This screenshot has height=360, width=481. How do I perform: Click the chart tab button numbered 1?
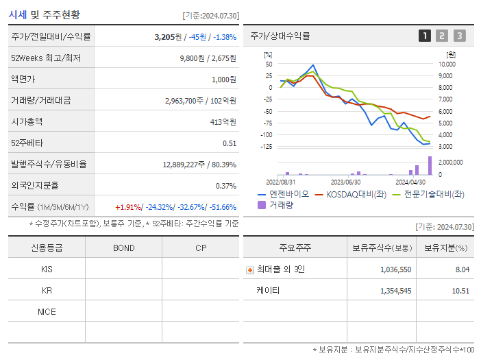click(x=425, y=36)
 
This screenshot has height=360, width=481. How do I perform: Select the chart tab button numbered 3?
click(x=459, y=36)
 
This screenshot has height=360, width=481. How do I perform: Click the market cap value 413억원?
click(x=224, y=121)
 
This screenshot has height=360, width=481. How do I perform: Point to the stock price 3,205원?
click(x=169, y=36)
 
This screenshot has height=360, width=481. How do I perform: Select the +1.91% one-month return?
click(x=129, y=206)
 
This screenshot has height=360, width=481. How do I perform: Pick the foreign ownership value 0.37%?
click(x=225, y=185)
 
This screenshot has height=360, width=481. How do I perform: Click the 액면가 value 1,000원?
click(x=223, y=79)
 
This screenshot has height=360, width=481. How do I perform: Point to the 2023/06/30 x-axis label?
click(x=346, y=182)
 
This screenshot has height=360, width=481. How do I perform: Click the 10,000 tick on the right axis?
click(x=447, y=64)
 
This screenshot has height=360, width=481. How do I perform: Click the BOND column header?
click(x=123, y=248)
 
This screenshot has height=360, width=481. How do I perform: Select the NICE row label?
click(x=47, y=311)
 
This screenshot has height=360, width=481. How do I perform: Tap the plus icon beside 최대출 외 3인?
click(x=249, y=269)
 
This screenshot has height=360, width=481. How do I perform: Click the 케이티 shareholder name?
click(x=268, y=290)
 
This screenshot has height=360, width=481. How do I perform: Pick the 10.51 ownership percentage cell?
click(x=461, y=290)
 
